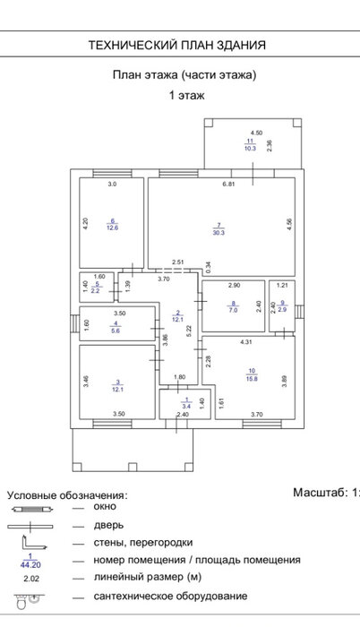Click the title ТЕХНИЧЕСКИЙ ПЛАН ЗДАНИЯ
tap(177, 45)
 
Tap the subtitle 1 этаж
tap(187, 96)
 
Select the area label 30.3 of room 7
tap(219, 232)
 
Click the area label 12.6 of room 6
tap(113, 228)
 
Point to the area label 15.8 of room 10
tap(252, 378)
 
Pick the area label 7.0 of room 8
tap(233, 310)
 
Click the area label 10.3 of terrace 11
tap(250, 148)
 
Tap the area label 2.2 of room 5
tap(95, 291)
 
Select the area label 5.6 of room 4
tap(116, 331)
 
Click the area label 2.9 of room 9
tap(282, 310)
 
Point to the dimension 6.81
tap(228, 185)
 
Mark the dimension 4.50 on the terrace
tap(256, 133)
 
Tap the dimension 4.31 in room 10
tap(246, 342)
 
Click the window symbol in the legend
tap(31, 510)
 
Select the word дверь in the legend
tap(108, 525)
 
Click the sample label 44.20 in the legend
tap(30, 565)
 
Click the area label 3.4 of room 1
tap(186, 407)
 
